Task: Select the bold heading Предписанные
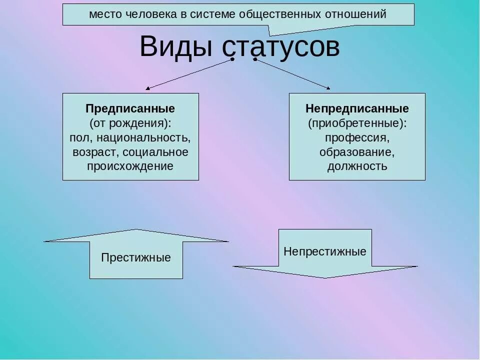click(x=130, y=108)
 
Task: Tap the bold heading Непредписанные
click(x=357, y=108)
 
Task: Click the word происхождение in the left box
click(x=130, y=166)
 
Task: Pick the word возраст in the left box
click(x=95, y=151)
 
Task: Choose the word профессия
click(x=357, y=137)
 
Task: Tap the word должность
click(x=357, y=166)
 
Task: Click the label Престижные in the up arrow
click(x=136, y=258)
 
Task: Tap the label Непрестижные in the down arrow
click(x=325, y=251)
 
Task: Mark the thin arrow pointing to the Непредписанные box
click(x=292, y=74)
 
